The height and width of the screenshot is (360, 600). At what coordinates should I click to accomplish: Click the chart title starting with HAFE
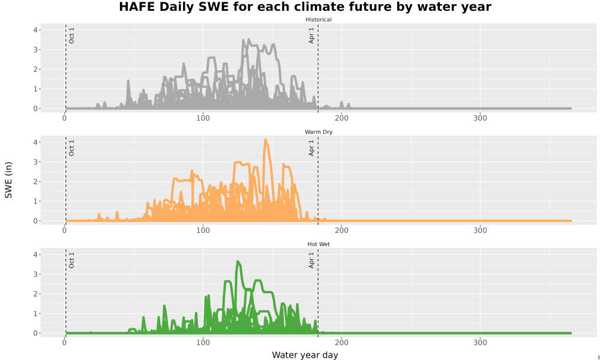pyautogui.click(x=305, y=7)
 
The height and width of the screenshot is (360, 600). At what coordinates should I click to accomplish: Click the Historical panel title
pyautogui.click(x=319, y=20)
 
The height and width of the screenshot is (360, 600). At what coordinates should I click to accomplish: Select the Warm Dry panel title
pyautogui.click(x=319, y=132)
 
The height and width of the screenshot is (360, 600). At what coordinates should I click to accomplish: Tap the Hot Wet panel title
pyautogui.click(x=319, y=244)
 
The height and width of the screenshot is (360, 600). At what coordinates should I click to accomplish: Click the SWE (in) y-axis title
pyautogui.click(x=8, y=180)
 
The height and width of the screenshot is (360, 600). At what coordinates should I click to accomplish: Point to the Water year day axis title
pyautogui.click(x=305, y=355)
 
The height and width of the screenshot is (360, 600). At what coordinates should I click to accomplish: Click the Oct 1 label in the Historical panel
pyautogui.click(x=71, y=35)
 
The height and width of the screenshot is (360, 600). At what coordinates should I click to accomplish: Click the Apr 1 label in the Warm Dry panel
pyautogui.click(x=311, y=148)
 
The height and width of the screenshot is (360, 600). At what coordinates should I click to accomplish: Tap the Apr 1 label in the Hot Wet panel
pyautogui.click(x=311, y=260)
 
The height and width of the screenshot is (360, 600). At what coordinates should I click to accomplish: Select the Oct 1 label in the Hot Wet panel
pyautogui.click(x=71, y=260)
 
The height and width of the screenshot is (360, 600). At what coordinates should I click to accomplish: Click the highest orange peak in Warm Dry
pyautogui.click(x=265, y=140)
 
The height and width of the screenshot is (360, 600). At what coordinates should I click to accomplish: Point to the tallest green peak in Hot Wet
pyautogui.click(x=238, y=262)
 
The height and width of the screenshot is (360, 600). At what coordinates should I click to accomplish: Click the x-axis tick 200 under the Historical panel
pyautogui.click(x=341, y=118)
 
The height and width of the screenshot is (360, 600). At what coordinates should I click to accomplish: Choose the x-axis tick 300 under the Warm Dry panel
pyautogui.click(x=480, y=230)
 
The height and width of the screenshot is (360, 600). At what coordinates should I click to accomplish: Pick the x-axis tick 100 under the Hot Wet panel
pyautogui.click(x=203, y=343)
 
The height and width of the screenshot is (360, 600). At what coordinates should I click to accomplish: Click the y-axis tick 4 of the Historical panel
pyautogui.click(x=35, y=30)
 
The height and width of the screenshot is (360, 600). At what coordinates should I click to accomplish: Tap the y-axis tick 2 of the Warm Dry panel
pyautogui.click(x=35, y=181)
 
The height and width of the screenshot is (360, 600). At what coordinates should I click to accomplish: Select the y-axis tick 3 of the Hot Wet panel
pyautogui.click(x=35, y=274)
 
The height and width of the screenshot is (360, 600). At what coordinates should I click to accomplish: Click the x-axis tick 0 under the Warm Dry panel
pyautogui.click(x=64, y=230)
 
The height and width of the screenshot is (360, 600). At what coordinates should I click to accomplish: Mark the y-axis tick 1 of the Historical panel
pyautogui.click(x=35, y=89)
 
